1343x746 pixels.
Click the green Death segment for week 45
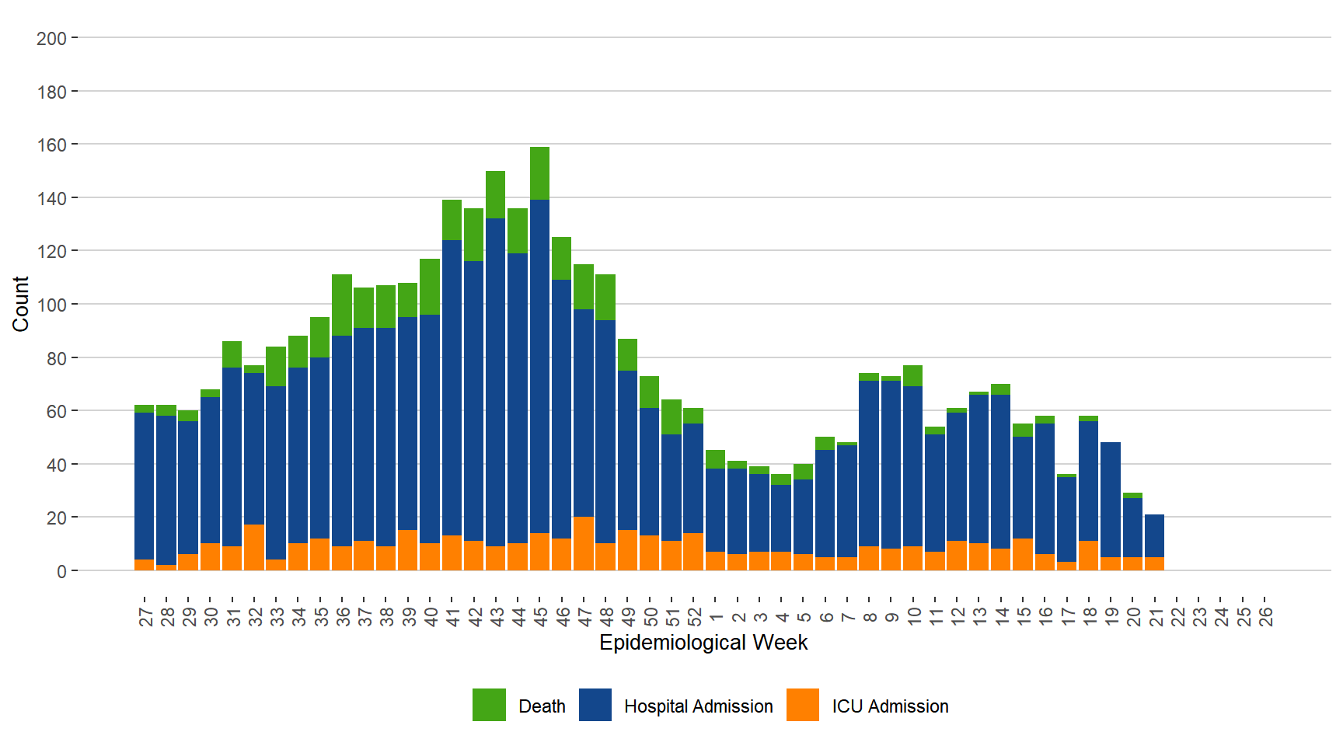[x=539, y=173]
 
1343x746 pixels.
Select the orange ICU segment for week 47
[x=584, y=543]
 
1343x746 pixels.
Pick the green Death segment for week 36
[x=342, y=305]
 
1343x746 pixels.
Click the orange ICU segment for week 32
[x=254, y=547]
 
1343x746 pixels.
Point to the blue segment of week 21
[x=1154, y=535]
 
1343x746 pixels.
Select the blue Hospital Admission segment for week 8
[x=869, y=463]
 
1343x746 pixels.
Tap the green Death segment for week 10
[x=912, y=375]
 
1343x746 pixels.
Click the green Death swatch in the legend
[x=489, y=705]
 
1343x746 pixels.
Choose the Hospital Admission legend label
[x=698, y=706]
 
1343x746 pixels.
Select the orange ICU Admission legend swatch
[x=803, y=705]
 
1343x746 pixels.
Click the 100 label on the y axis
[x=51, y=305]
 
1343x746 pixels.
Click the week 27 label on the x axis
[x=145, y=617]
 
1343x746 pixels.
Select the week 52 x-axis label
[x=694, y=617]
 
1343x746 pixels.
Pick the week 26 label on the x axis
[x=1265, y=617]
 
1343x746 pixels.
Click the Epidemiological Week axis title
[x=703, y=643]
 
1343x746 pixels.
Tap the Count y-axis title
[x=20, y=304]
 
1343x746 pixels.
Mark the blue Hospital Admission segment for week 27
[x=145, y=486]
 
